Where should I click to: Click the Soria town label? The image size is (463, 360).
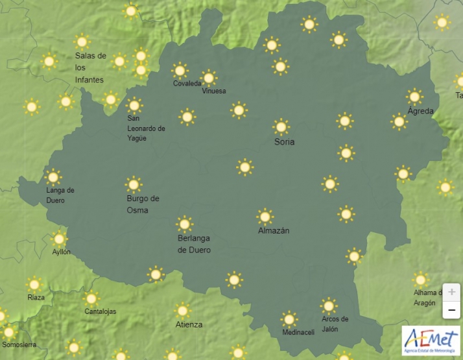284,141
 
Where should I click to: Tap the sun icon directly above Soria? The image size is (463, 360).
281,126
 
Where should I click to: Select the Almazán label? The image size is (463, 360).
274,230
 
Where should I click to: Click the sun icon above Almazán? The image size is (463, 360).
265,216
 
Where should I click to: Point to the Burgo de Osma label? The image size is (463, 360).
143,204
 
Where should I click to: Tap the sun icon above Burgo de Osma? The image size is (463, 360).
134,184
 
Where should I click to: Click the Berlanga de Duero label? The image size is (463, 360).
194,244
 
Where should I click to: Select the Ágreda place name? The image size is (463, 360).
420,112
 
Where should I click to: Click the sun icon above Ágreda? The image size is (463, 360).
414,97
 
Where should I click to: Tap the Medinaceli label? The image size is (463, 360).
298,333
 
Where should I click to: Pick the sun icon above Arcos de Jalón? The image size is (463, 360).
329,306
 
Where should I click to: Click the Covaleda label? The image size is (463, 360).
187,83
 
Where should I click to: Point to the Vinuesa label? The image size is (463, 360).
214,91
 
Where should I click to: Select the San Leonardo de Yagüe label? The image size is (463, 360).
146,128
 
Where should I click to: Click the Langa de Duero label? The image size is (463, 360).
60,195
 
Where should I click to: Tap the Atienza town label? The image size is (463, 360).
189,324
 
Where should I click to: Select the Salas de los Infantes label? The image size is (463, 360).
90,67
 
